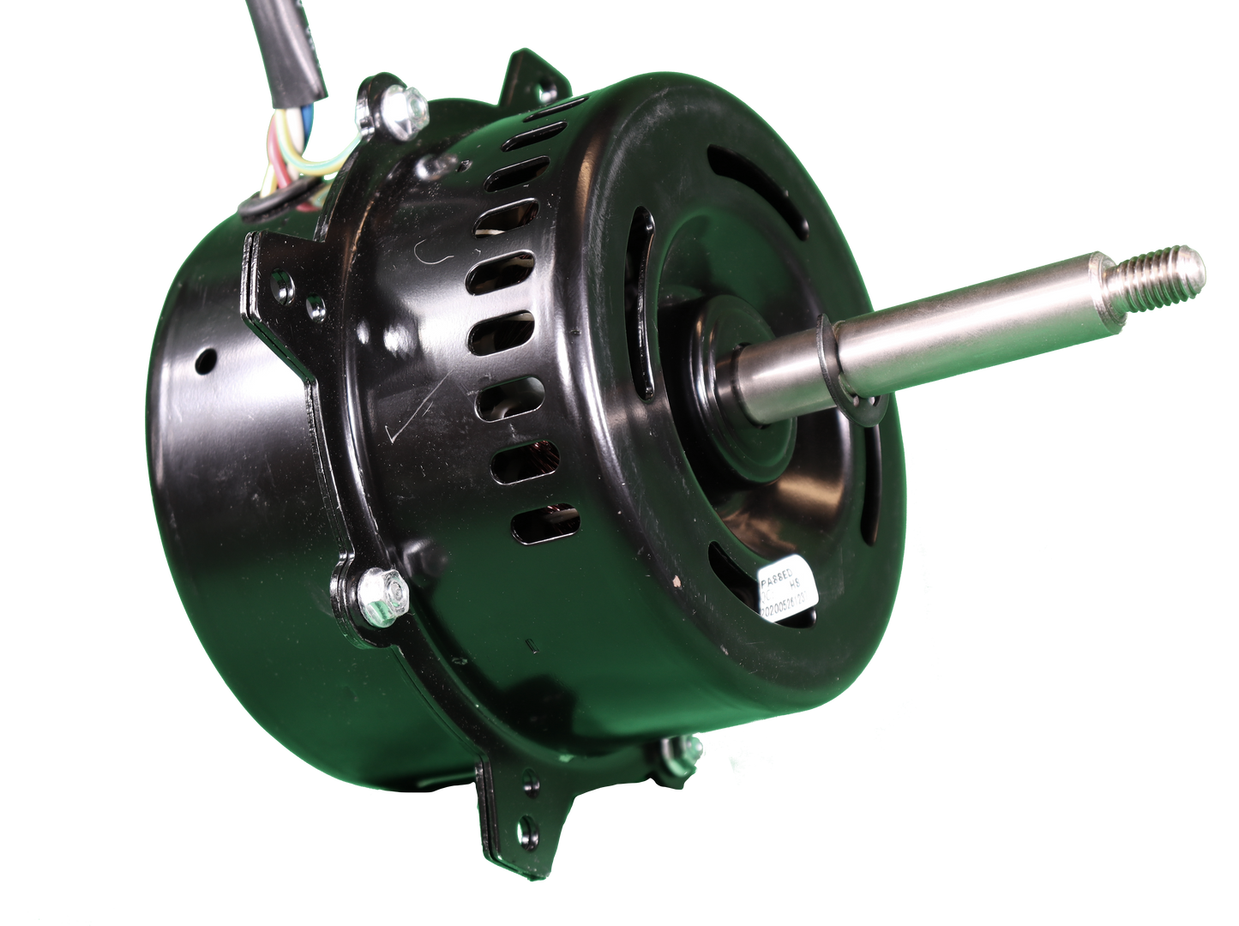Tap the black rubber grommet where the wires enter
click(x=274, y=203)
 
